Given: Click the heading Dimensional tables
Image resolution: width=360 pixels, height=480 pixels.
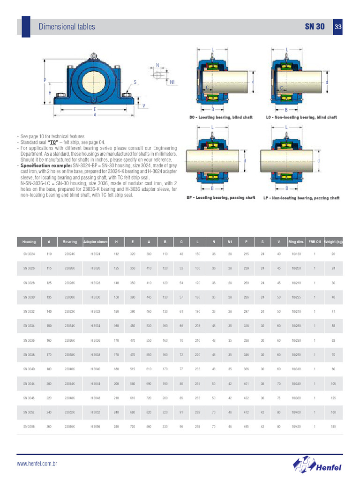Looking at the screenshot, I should tap(67, 27).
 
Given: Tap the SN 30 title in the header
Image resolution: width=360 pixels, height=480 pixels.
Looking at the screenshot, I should tap(315, 27).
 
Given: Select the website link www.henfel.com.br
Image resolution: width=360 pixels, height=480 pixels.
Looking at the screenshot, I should tap(37, 464).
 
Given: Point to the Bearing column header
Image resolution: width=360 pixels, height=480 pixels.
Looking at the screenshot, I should tap(70, 242).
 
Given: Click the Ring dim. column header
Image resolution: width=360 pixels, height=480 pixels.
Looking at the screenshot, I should tap(296, 242).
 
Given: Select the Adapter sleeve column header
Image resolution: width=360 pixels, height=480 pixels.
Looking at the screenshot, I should tap(96, 242).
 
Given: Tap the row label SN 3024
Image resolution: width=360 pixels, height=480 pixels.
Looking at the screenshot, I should tap(29, 254).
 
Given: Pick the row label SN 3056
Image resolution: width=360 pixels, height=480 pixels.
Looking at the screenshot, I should tap(29, 427).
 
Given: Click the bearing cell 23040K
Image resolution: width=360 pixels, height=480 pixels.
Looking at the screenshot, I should tap(70, 369).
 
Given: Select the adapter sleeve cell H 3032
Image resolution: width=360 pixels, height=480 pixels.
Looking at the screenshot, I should tap(96, 311).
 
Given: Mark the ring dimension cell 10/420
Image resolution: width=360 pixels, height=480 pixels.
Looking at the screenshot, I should tap(296, 427).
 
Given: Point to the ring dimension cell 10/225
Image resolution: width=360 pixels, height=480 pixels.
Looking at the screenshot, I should tap(296, 297).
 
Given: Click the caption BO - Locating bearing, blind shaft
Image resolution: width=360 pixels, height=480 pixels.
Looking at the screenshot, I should tap(220, 117).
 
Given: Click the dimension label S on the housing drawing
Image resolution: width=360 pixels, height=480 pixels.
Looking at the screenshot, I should tap(135, 82).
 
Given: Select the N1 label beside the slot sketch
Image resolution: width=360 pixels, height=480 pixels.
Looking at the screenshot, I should tap(172, 82).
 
